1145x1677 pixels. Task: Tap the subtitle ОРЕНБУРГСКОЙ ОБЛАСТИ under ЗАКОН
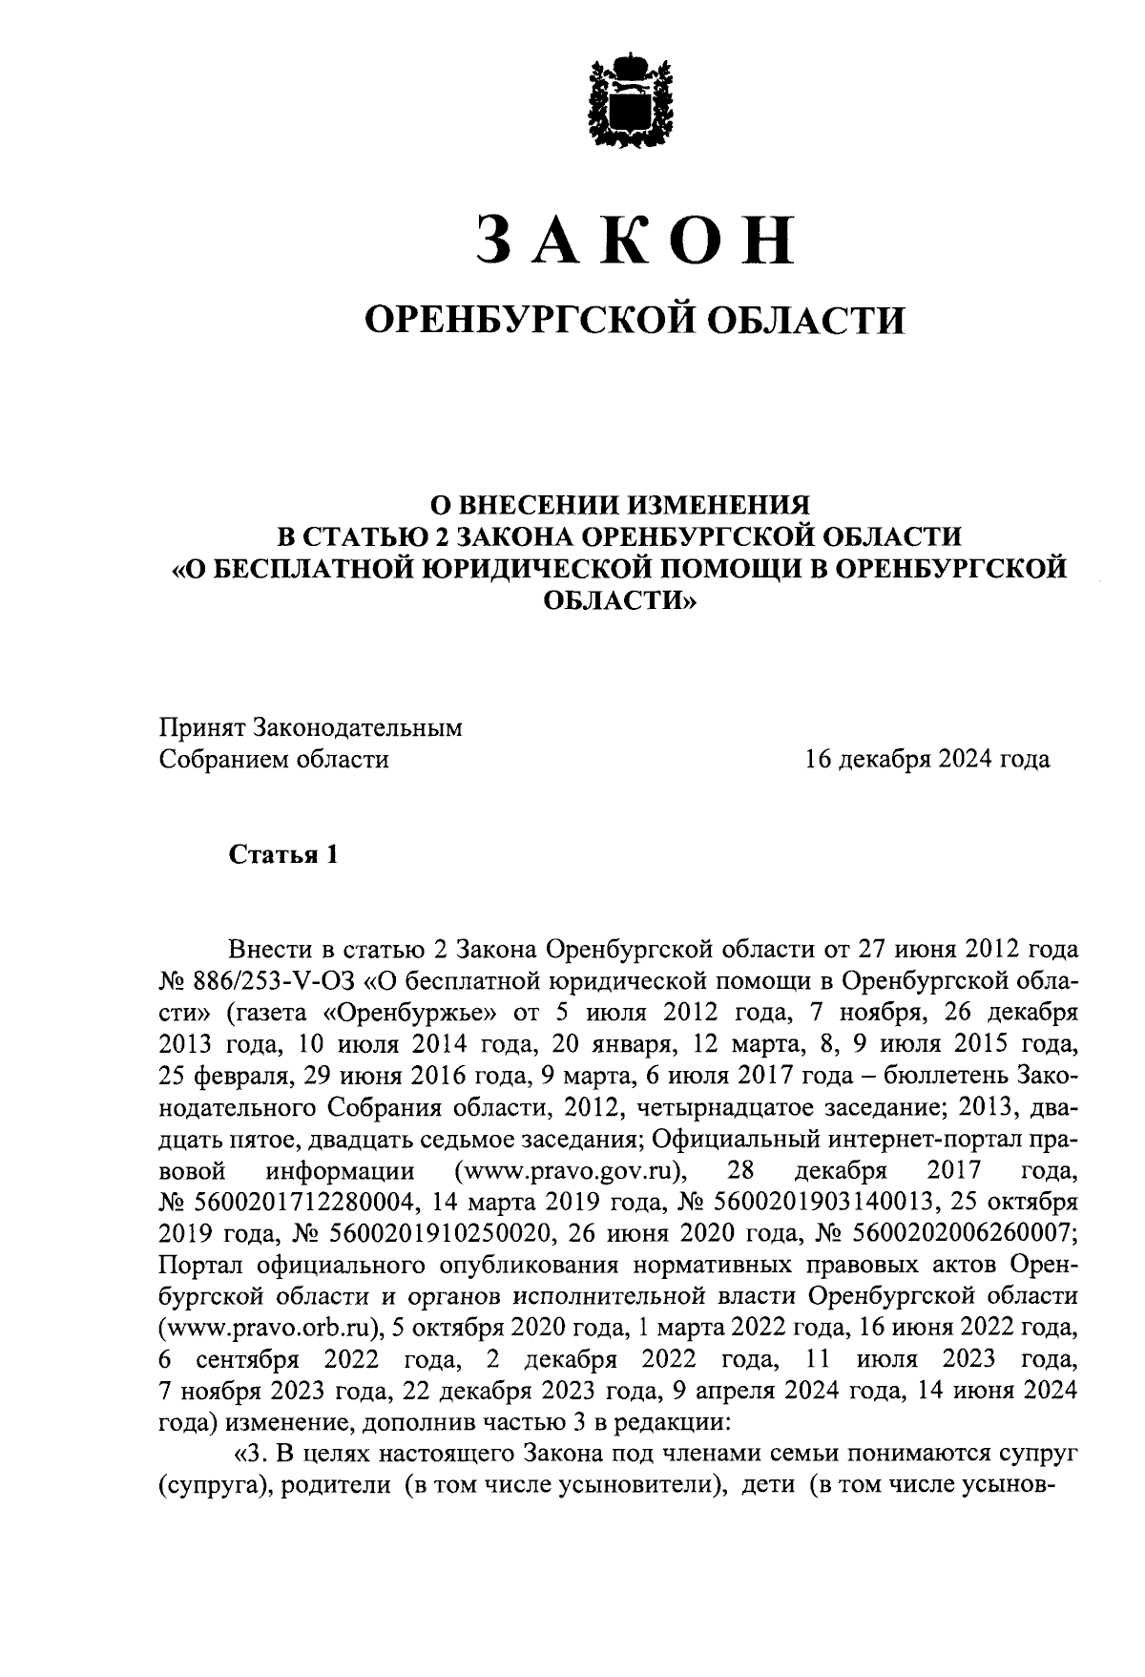tap(636, 320)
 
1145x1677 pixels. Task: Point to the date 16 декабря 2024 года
tap(926, 760)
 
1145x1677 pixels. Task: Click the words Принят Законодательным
tap(310, 728)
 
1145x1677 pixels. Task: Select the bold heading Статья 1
tap(282, 854)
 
